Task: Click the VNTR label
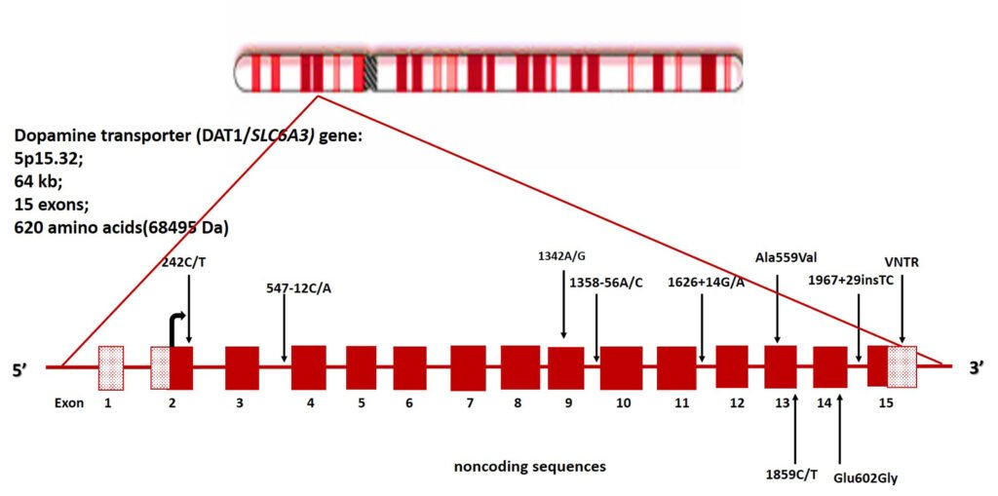(902, 263)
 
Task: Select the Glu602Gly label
(864, 478)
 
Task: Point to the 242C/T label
(188, 261)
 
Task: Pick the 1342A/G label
(562, 256)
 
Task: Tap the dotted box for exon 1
(111, 367)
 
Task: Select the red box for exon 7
(468, 367)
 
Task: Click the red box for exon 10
(621, 367)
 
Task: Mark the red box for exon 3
(242, 367)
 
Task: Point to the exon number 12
(737, 401)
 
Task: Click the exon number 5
(362, 401)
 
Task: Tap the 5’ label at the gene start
(29, 368)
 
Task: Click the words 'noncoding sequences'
(529, 467)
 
